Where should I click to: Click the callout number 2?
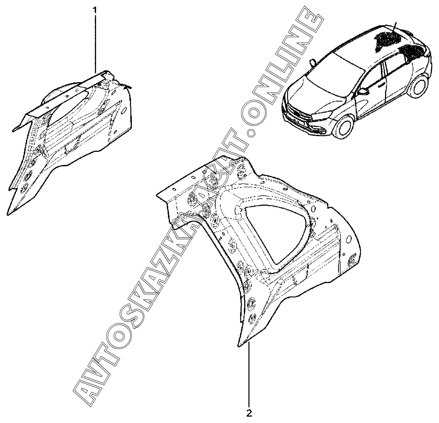pyautogui.click(x=249, y=413)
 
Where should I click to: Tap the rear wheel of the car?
pyautogui.click(x=421, y=85)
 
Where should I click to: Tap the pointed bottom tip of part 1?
pyautogui.click(x=8, y=214)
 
